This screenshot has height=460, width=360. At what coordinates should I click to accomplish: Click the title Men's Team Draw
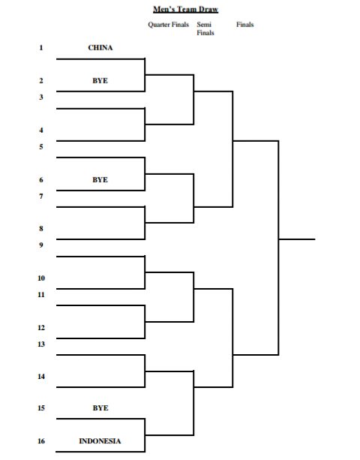tap(185, 10)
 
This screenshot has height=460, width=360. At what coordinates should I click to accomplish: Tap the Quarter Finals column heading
tap(168, 25)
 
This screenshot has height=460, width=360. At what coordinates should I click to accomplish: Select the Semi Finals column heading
tap(205, 29)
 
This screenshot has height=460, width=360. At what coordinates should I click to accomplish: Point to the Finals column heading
tap(244, 25)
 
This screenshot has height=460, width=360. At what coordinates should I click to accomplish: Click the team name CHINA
tap(100, 47)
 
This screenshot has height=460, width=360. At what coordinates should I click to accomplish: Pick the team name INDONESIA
tap(100, 441)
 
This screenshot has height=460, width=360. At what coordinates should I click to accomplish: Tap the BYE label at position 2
tap(100, 81)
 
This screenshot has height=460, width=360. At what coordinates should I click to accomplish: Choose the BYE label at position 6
tap(100, 179)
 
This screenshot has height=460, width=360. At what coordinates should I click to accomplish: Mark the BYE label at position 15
tap(100, 407)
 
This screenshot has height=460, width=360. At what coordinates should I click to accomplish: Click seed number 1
tap(41, 47)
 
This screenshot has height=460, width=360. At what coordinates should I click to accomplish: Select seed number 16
tap(41, 441)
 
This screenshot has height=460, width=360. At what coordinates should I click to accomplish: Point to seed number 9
tap(41, 245)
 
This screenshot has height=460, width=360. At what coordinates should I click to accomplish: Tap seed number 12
tap(41, 328)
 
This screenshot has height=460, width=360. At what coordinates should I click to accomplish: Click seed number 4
tap(41, 130)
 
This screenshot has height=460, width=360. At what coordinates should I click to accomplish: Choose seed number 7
tap(41, 196)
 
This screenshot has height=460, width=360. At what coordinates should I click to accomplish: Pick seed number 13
tap(41, 344)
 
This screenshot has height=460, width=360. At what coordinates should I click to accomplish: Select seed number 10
tap(41, 278)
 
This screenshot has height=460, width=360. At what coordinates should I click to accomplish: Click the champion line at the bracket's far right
tap(297, 239)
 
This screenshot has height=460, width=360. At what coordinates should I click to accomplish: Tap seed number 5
tap(41, 146)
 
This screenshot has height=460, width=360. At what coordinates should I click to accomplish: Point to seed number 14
tap(41, 377)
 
